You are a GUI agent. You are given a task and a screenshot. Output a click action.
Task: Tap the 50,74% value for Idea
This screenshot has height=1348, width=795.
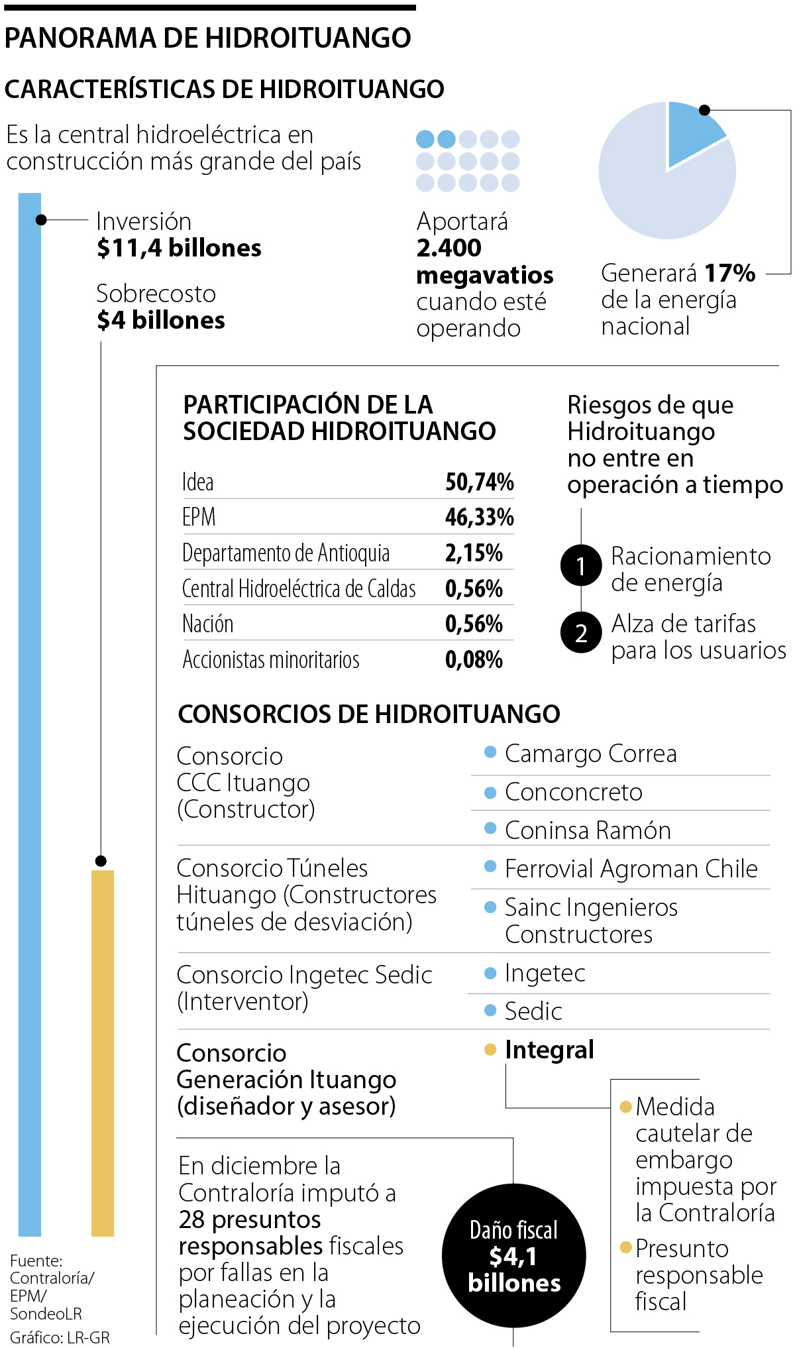479,482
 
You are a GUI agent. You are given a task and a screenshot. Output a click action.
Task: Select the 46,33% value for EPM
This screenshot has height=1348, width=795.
479,517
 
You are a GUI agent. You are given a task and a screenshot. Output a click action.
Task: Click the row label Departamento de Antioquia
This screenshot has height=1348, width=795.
286,553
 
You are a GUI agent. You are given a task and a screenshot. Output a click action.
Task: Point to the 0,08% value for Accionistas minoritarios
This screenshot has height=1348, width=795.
474,659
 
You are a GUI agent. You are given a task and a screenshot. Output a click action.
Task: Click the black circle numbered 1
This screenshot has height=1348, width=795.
581,565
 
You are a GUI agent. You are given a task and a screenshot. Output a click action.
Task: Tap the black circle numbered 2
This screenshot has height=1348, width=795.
581,633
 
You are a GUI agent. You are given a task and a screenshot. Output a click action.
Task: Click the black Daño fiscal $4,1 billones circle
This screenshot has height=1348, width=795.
513,1256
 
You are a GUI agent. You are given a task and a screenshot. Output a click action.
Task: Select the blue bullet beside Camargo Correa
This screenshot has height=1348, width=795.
490,752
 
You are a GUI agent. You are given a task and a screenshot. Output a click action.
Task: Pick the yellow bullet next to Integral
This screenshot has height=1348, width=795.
490,1049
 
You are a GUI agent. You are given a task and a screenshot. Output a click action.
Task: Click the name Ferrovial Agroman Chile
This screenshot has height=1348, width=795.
631,868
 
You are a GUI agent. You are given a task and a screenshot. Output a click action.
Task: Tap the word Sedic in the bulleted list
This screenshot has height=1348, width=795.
533,1011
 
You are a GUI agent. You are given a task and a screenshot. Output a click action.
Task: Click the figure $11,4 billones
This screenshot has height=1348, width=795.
179,248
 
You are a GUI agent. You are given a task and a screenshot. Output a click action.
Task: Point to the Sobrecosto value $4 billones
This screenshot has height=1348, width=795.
161,320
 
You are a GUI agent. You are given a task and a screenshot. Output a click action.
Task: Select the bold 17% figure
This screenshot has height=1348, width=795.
729,273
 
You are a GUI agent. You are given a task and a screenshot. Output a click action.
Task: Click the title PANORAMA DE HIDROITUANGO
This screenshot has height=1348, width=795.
207,38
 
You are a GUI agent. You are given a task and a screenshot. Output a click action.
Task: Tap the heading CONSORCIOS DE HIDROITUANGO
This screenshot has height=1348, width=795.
369,714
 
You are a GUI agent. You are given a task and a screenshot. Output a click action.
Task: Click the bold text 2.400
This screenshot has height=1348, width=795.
449,248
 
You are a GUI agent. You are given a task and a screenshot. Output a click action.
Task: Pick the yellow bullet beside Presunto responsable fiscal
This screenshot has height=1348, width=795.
625,1247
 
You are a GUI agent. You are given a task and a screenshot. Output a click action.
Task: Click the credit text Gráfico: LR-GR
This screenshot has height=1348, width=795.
60,1337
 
